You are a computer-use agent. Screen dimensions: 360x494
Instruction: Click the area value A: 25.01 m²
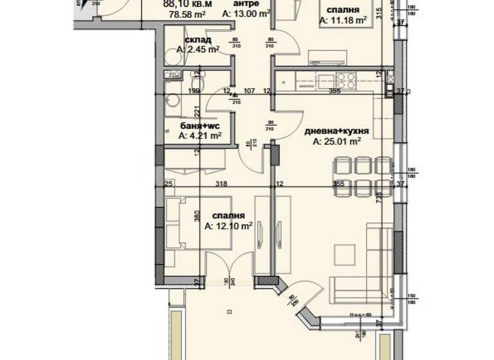pos(336,142)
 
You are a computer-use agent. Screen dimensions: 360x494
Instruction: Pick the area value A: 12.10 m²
pos(228,226)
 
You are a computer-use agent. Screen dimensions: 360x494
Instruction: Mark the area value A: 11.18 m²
pos(343,21)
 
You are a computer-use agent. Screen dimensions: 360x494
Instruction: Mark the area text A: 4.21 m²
pos(200,135)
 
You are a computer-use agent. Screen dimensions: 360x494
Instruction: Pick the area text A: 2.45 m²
pos(199,49)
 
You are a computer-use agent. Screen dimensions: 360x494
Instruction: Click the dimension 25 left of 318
pos(169,184)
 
